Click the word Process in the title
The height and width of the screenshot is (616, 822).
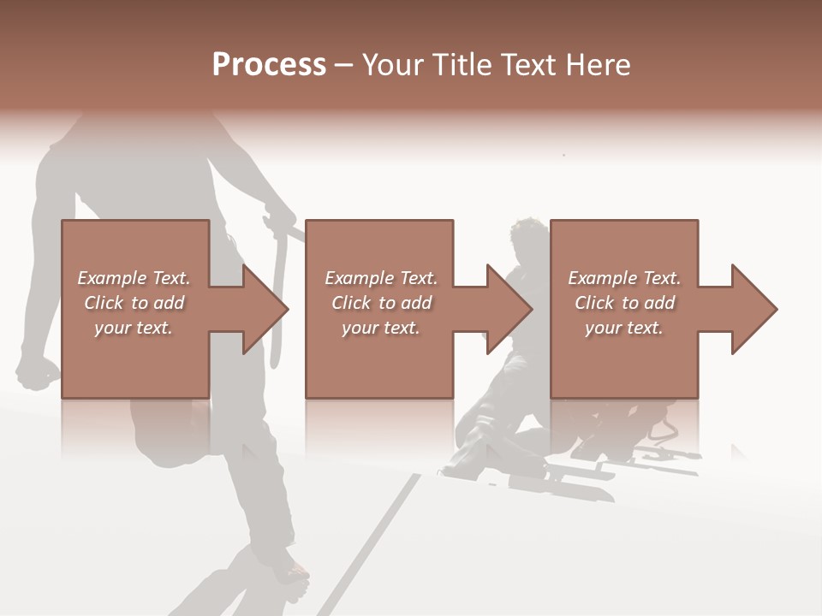click(x=269, y=65)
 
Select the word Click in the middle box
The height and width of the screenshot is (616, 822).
click(x=351, y=303)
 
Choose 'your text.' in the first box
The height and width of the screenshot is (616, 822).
click(x=134, y=328)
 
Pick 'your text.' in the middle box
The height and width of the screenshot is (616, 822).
click(x=381, y=328)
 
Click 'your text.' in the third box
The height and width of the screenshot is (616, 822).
click(x=624, y=328)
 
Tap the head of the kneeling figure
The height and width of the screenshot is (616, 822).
click(x=524, y=235)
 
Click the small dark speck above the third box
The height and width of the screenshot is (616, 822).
click(x=563, y=155)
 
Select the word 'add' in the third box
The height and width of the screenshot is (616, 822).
click(x=659, y=303)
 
